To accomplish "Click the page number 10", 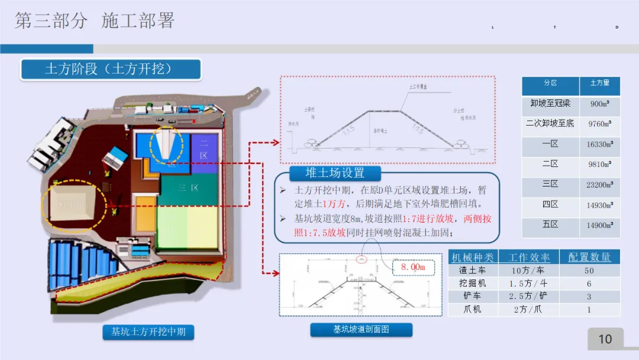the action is tap(605, 339).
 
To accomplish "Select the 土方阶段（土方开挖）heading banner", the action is tap(111, 69).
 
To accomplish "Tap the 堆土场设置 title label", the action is tap(335, 173).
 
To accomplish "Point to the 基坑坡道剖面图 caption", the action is tap(360, 330).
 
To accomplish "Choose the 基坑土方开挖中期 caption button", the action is tap(148, 332).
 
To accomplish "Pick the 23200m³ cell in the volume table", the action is tap(600, 185).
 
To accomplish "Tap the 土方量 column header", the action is tap(600, 83).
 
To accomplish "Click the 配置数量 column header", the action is tap(589, 257).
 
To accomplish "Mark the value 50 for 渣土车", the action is tap(589, 271).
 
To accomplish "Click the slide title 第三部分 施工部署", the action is tap(95, 21).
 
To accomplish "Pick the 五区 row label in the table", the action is tap(550, 225).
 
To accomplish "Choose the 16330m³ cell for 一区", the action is tap(600, 144).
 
